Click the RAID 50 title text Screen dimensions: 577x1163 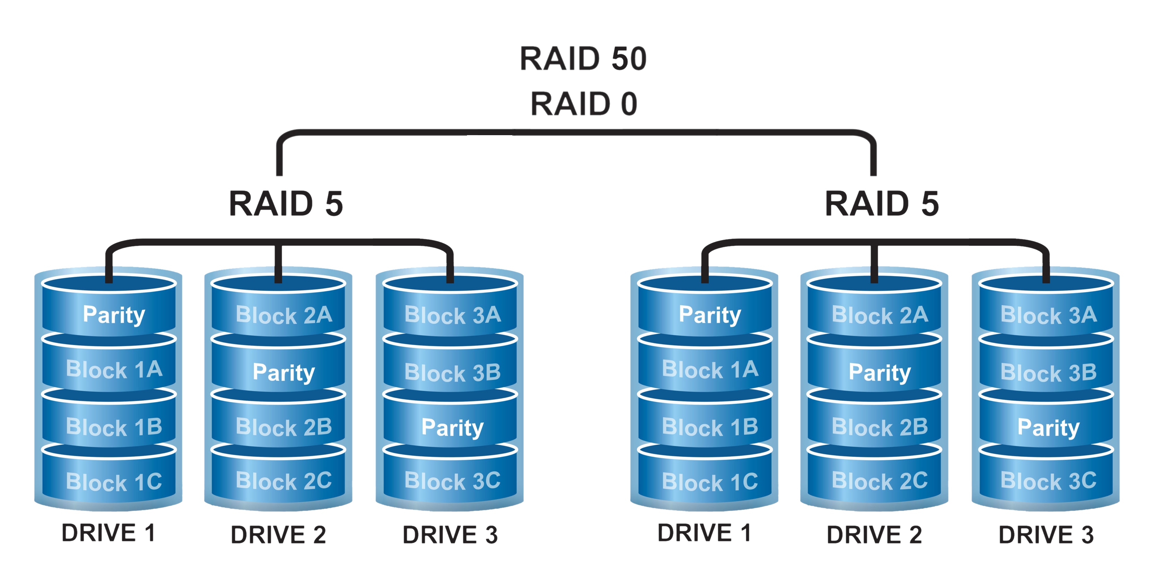tap(583, 59)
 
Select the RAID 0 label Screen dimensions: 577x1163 tap(583, 104)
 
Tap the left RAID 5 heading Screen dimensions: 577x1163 tap(286, 204)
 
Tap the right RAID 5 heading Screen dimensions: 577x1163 tap(881, 204)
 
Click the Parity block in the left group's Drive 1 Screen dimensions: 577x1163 tap(114, 315)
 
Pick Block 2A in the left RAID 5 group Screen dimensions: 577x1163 tap(284, 315)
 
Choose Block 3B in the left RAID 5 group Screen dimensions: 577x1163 tap(452, 372)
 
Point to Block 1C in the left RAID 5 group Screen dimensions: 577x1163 tap(114, 481)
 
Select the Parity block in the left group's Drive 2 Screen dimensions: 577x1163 tap(284, 372)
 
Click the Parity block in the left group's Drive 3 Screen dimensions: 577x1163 tap(452, 427)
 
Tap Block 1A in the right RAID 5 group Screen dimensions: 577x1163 tap(710, 369)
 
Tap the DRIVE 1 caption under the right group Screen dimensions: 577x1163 tap(704, 533)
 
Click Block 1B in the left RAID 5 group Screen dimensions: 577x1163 tap(114, 427)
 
